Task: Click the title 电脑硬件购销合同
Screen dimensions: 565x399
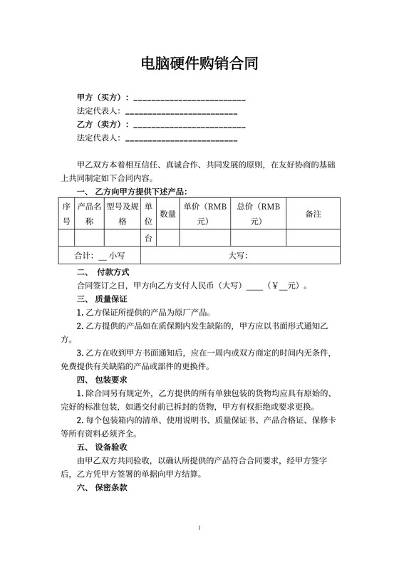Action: [199, 64]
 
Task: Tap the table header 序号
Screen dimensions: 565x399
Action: [67, 213]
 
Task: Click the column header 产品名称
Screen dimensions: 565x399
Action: [90, 213]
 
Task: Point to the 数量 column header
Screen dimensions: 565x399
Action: [168, 213]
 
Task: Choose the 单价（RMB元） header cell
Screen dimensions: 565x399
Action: [204, 213]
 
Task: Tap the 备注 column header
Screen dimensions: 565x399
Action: [313, 213]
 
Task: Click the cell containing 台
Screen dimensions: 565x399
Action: [149, 237]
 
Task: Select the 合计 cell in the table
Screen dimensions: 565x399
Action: [101, 254]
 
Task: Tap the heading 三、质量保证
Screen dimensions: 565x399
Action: [102, 299]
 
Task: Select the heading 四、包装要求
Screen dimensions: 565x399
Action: [102, 379]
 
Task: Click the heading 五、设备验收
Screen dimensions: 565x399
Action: [102, 447]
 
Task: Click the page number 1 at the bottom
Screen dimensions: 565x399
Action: [199, 528]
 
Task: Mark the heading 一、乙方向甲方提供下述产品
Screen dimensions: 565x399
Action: [130, 192]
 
